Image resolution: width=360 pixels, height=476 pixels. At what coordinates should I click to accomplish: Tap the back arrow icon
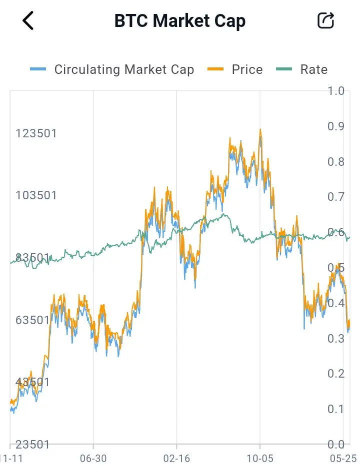28,20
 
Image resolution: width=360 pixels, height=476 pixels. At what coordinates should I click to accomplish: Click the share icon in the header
325,20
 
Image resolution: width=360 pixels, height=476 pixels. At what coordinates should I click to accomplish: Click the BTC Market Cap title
180,21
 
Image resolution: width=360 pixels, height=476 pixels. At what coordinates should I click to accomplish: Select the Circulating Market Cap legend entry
112,69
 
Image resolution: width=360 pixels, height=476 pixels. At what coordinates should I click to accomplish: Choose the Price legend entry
235,69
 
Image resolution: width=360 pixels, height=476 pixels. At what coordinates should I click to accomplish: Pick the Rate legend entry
301,69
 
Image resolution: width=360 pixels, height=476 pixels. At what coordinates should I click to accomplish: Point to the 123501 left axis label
36,133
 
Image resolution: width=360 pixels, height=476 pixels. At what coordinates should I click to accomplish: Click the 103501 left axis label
36,195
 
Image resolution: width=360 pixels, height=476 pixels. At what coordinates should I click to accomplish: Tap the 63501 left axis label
32,320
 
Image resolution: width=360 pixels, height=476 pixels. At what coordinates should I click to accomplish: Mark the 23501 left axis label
32,445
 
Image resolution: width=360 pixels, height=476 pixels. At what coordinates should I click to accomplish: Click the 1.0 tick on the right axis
336,91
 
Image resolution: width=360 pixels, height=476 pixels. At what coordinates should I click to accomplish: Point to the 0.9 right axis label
336,126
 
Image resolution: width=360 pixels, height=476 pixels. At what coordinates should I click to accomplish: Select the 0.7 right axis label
336,197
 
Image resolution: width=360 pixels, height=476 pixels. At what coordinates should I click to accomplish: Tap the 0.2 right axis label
336,374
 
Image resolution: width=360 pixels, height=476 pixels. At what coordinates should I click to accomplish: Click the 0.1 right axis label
336,409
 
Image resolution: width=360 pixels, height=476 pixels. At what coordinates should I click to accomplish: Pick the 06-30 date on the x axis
93,459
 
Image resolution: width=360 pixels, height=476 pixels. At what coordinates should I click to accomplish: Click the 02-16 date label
176,459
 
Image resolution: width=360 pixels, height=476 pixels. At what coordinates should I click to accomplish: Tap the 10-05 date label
260,459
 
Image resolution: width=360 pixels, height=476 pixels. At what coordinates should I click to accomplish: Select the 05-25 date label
343,459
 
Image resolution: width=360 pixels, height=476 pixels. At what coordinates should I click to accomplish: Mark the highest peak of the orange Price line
260,129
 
